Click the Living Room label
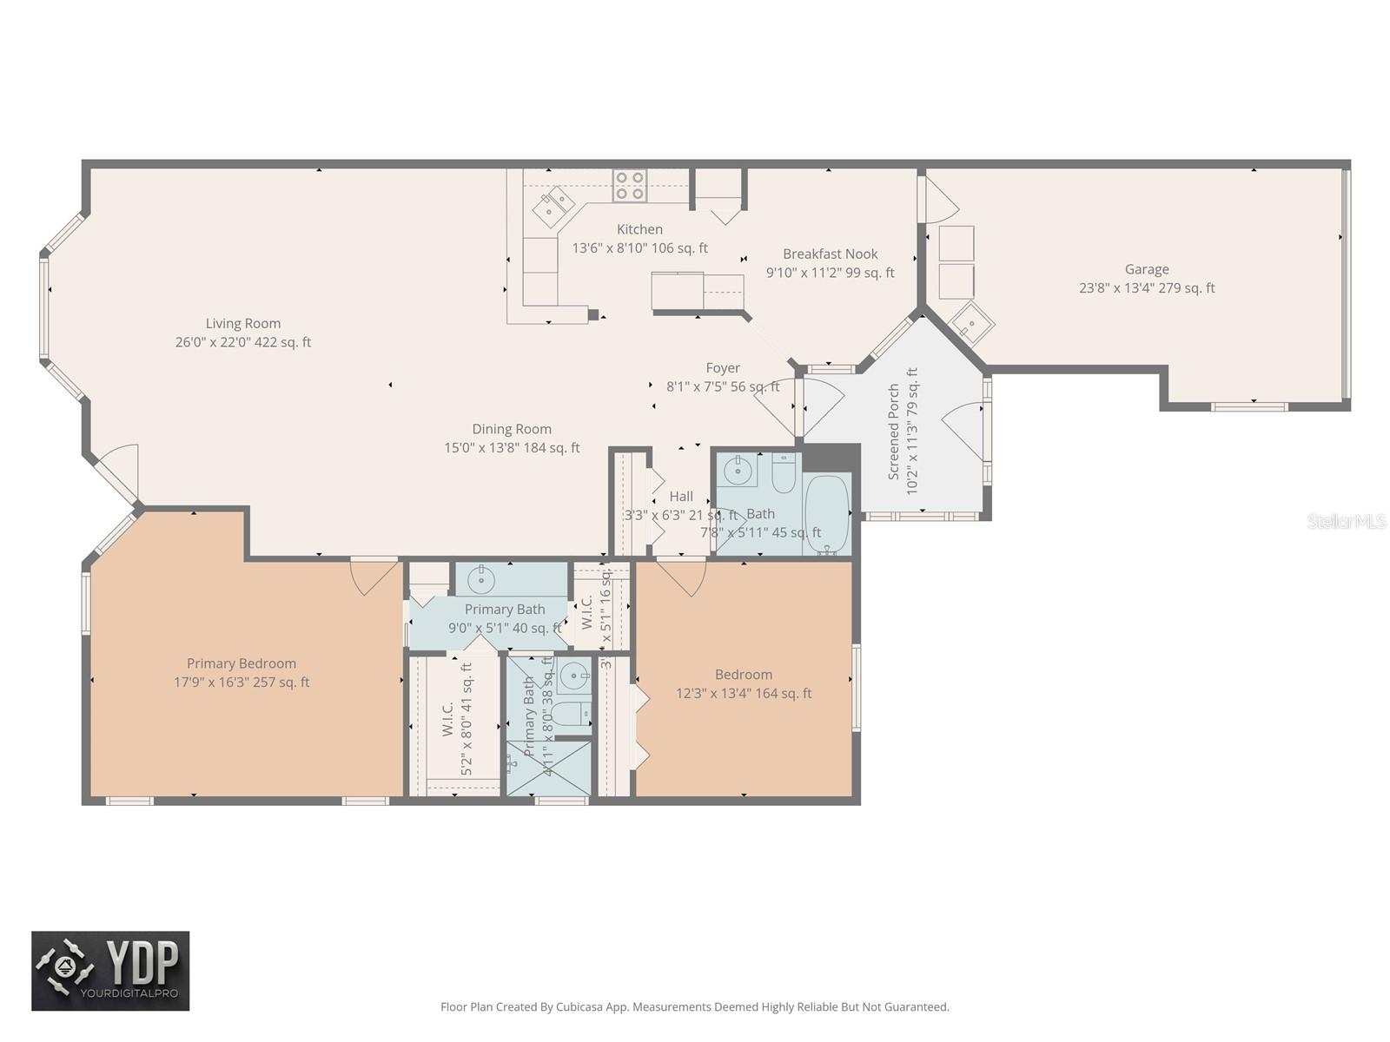[243, 323]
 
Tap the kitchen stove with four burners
[630, 186]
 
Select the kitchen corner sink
[553, 206]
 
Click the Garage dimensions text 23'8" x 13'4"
[1116, 288]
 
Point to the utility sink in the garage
[971, 324]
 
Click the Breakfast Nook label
[830, 254]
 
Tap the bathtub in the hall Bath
[826, 512]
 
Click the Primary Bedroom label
[242, 663]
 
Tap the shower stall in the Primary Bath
[547, 768]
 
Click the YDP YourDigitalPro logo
[110, 971]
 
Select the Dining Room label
[512, 429]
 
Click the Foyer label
[723, 368]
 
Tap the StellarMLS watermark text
[1347, 521]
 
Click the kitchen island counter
[678, 291]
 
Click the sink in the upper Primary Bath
[483, 577]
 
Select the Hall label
[681, 497]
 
